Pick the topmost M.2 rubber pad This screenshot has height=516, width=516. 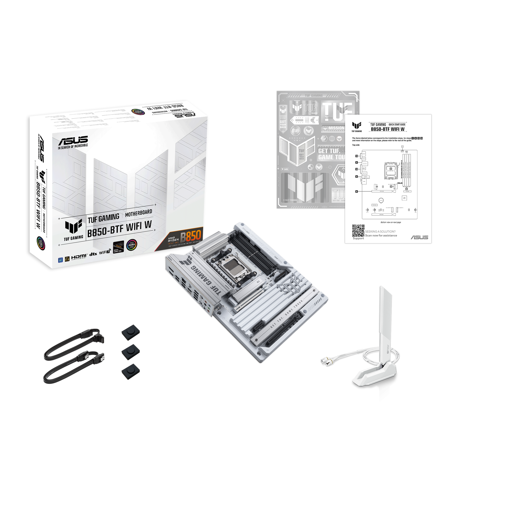click(131, 332)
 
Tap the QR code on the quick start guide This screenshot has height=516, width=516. click(358, 230)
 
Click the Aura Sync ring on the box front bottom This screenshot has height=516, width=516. click(132, 245)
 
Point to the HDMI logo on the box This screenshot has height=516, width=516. click(79, 257)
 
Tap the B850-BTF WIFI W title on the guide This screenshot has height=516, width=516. click(387, 129)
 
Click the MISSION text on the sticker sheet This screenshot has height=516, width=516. click(336, 128)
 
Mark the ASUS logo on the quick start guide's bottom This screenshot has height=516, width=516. click(419, 237)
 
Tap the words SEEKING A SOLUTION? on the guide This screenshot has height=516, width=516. click(380, 232)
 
